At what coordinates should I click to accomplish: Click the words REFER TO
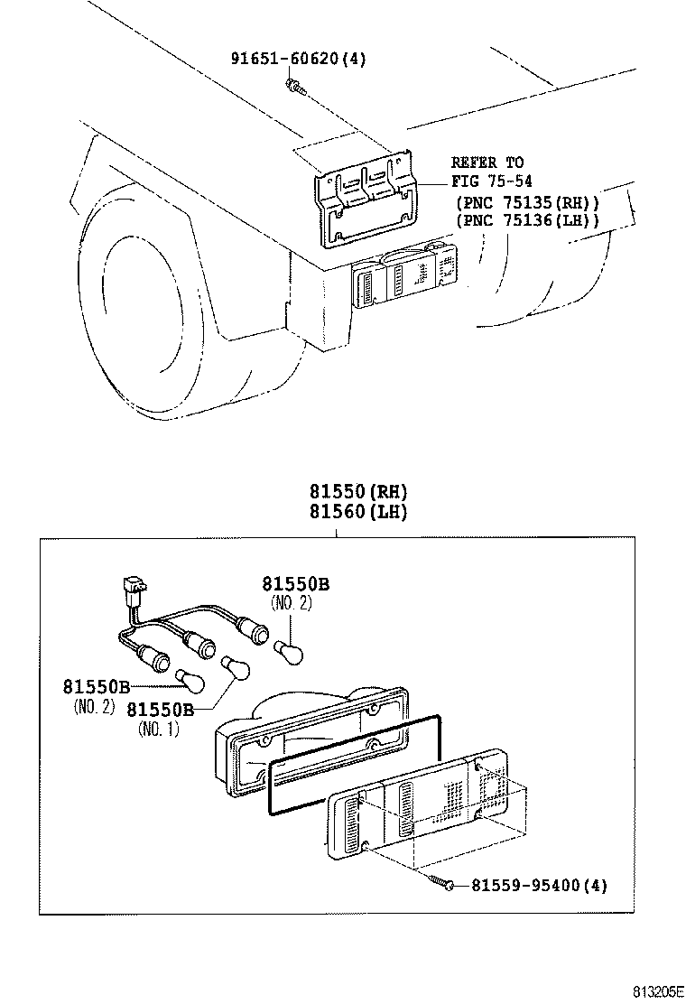(x=487, y=163)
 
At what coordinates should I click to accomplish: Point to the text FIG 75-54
(x=493, y=181)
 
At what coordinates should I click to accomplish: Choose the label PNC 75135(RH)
(x=528, y=202)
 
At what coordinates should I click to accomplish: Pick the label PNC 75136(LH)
(x=528, y=220)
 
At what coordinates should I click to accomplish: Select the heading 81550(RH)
(x=347, y=492)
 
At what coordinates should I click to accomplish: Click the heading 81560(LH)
(x=347, y=512)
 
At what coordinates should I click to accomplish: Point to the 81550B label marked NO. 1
(x=160, y=709)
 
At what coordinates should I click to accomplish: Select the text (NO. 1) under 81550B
(x=158, y=729)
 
